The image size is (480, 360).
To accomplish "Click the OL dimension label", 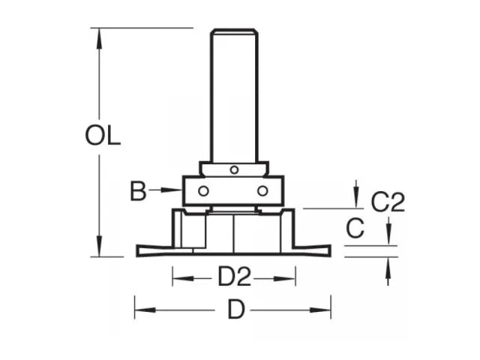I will click(x=103, y=137).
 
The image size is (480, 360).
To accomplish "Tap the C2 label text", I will click(x=388, y=202).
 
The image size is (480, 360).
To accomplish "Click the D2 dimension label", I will click(x=234, y=279).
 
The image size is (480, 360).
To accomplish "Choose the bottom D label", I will click(x=235, y=308).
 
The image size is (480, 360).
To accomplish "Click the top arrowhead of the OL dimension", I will click(x=98, y=36).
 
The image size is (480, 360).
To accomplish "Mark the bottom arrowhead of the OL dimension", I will click(x=98, y=247).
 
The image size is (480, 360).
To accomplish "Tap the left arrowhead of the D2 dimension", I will click(x=178, y=279).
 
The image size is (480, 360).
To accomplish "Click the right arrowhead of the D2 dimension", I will click(x=290, y=279).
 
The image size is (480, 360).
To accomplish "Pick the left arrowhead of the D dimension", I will click(x=140, y=307).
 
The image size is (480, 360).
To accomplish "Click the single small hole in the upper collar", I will click(x=234, y=170).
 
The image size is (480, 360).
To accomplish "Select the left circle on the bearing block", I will click(x=202, y=190).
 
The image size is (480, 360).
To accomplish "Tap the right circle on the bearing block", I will click(x=262, y=190).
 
